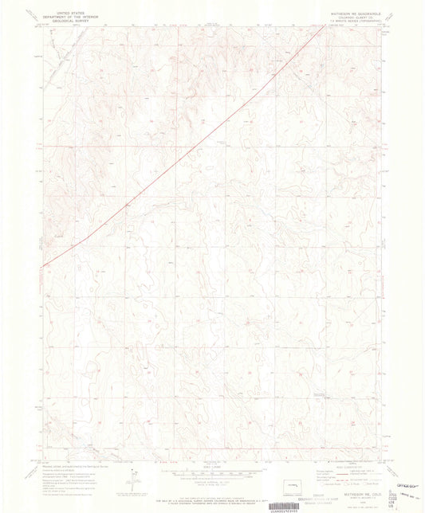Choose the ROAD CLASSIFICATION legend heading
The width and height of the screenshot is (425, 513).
tap(346, 452)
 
